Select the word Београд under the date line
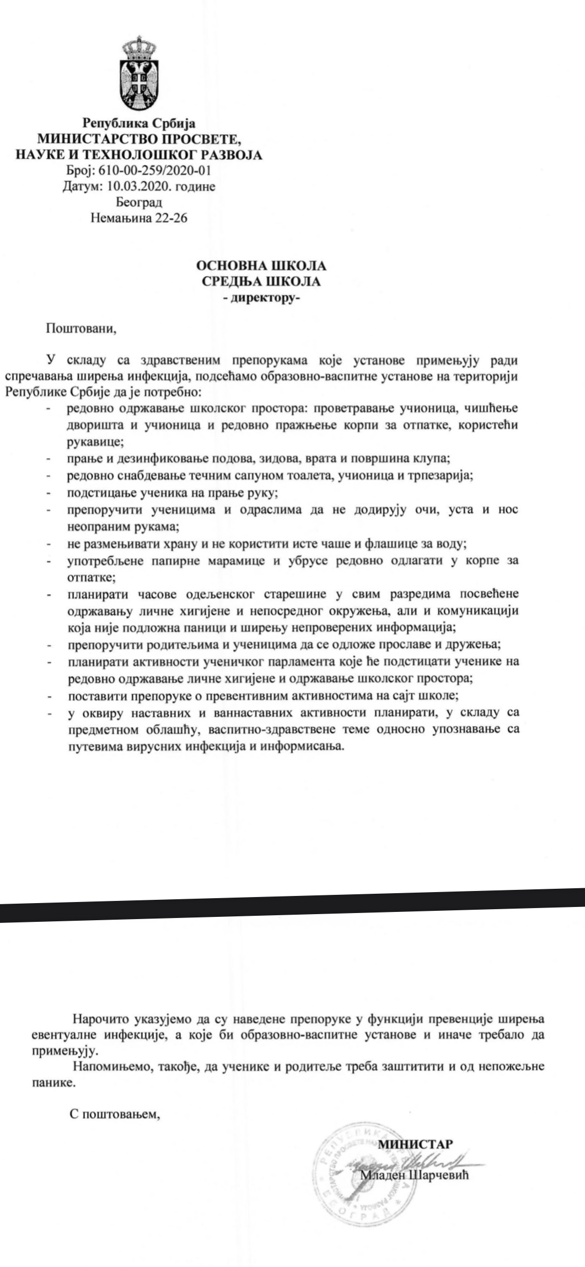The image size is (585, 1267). pyautogui.click(x=139, y=202)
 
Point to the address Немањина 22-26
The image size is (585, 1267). pyautogui.click(x=139, y=218)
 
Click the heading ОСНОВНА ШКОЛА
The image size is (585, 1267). pyautogui.click(x=261, y=266)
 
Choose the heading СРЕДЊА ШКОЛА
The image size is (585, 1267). pyautogui.click(x=261, y=282)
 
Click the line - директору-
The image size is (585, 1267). pyautogui.click(x=261, y=298)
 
